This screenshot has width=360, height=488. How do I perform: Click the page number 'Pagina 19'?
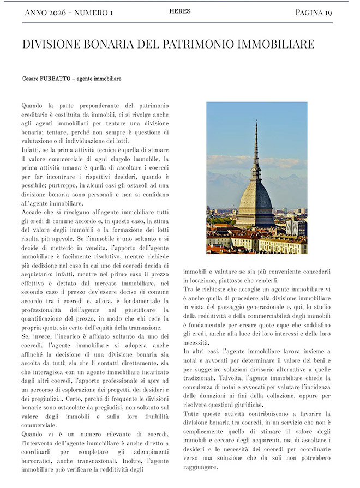point(321,12)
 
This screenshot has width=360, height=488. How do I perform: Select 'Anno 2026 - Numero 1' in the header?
point(69,13)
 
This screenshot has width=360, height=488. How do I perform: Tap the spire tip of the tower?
point(256,124)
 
